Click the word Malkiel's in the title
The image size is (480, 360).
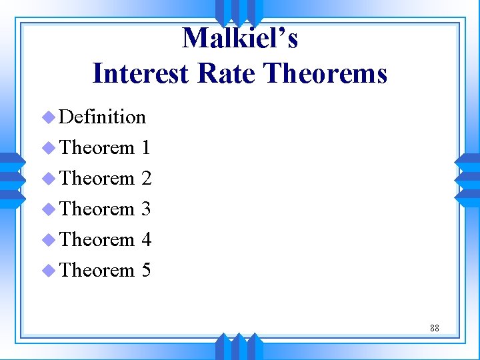[x=239, y=39]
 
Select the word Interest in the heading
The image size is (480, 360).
[x=141, y=73]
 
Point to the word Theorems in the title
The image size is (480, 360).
[x=325, y=73]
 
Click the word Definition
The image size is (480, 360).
[x=102, y=117]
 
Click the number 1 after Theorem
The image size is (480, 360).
[x=146, y=147]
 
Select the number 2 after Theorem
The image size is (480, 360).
[x=146, y=178]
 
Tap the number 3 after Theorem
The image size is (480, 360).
[x=146, y=209]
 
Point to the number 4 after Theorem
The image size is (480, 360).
[x=146, y=239]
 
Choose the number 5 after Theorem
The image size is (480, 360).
[x=146, y=270]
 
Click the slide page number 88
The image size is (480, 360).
[x=434, y=328]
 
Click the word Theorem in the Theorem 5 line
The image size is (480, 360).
[x=97, y=270]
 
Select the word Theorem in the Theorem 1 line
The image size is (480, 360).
[x=97, y=147]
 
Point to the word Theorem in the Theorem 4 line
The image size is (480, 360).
[x=97, y=239]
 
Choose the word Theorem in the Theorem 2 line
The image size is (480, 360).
[x=97, y=178]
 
